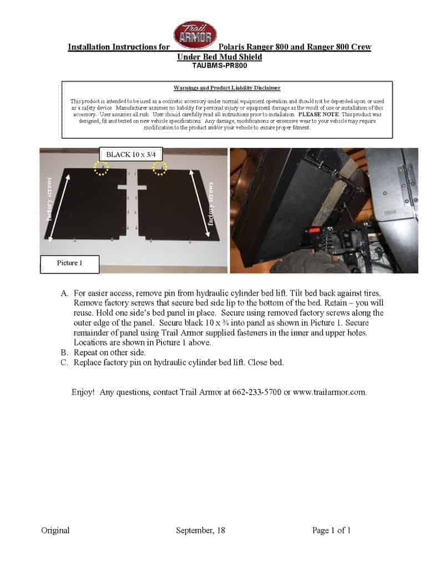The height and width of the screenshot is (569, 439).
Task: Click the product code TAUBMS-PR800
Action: click(219, 65)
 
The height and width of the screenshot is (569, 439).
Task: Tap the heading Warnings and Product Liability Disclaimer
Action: click(227, 88)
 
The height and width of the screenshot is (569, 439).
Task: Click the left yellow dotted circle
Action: click(101, 168)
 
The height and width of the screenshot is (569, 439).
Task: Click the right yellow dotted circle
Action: click(160, 168)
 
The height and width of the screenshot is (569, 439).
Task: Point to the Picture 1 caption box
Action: click(69, 263)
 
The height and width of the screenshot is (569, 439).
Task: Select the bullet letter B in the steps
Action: click(63, 352)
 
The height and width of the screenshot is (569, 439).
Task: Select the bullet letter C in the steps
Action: click(63, 362)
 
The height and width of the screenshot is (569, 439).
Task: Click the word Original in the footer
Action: click(55, 531)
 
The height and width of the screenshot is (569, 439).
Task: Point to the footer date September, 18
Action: click(200, 531)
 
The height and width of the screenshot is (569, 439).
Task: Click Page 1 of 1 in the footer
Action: click(331, 531)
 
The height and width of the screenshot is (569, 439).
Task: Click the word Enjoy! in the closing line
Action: click(83, 392)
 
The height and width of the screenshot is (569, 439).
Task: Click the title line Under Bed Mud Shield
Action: click(219, 57)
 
